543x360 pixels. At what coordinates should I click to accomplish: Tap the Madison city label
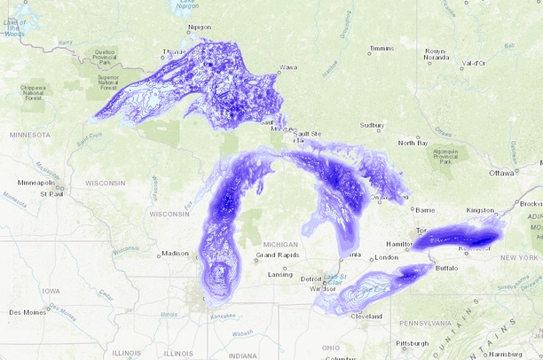click(174, 254)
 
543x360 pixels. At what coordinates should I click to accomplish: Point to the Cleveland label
click(366, 316)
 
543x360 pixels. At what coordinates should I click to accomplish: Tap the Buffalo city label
click(446, 266)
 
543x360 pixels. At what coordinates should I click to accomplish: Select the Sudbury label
click(372, 126)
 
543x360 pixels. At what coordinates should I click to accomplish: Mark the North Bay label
click(413, 143)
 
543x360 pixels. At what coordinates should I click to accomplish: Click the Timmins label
click(382, 48)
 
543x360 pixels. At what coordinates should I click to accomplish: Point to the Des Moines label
click(28, 312)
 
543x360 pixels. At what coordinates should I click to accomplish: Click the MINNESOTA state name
click(30, 135)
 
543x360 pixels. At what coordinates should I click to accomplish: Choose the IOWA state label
click(51, 290)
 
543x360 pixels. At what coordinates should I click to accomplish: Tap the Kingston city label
click(479, 210)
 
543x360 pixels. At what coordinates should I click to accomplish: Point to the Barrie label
click(429, 210)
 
